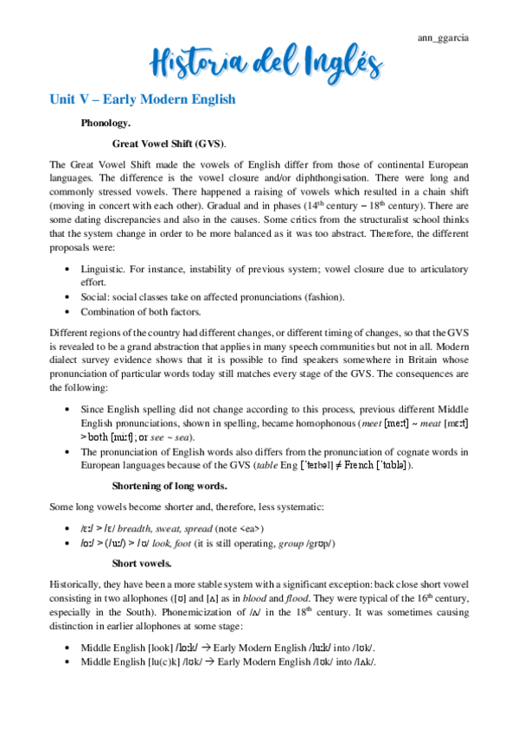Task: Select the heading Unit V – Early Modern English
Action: click(142, 99)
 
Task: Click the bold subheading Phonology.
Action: click(105, 124)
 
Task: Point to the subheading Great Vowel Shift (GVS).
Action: click(169, 143)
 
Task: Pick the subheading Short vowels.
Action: click(142, 563)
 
